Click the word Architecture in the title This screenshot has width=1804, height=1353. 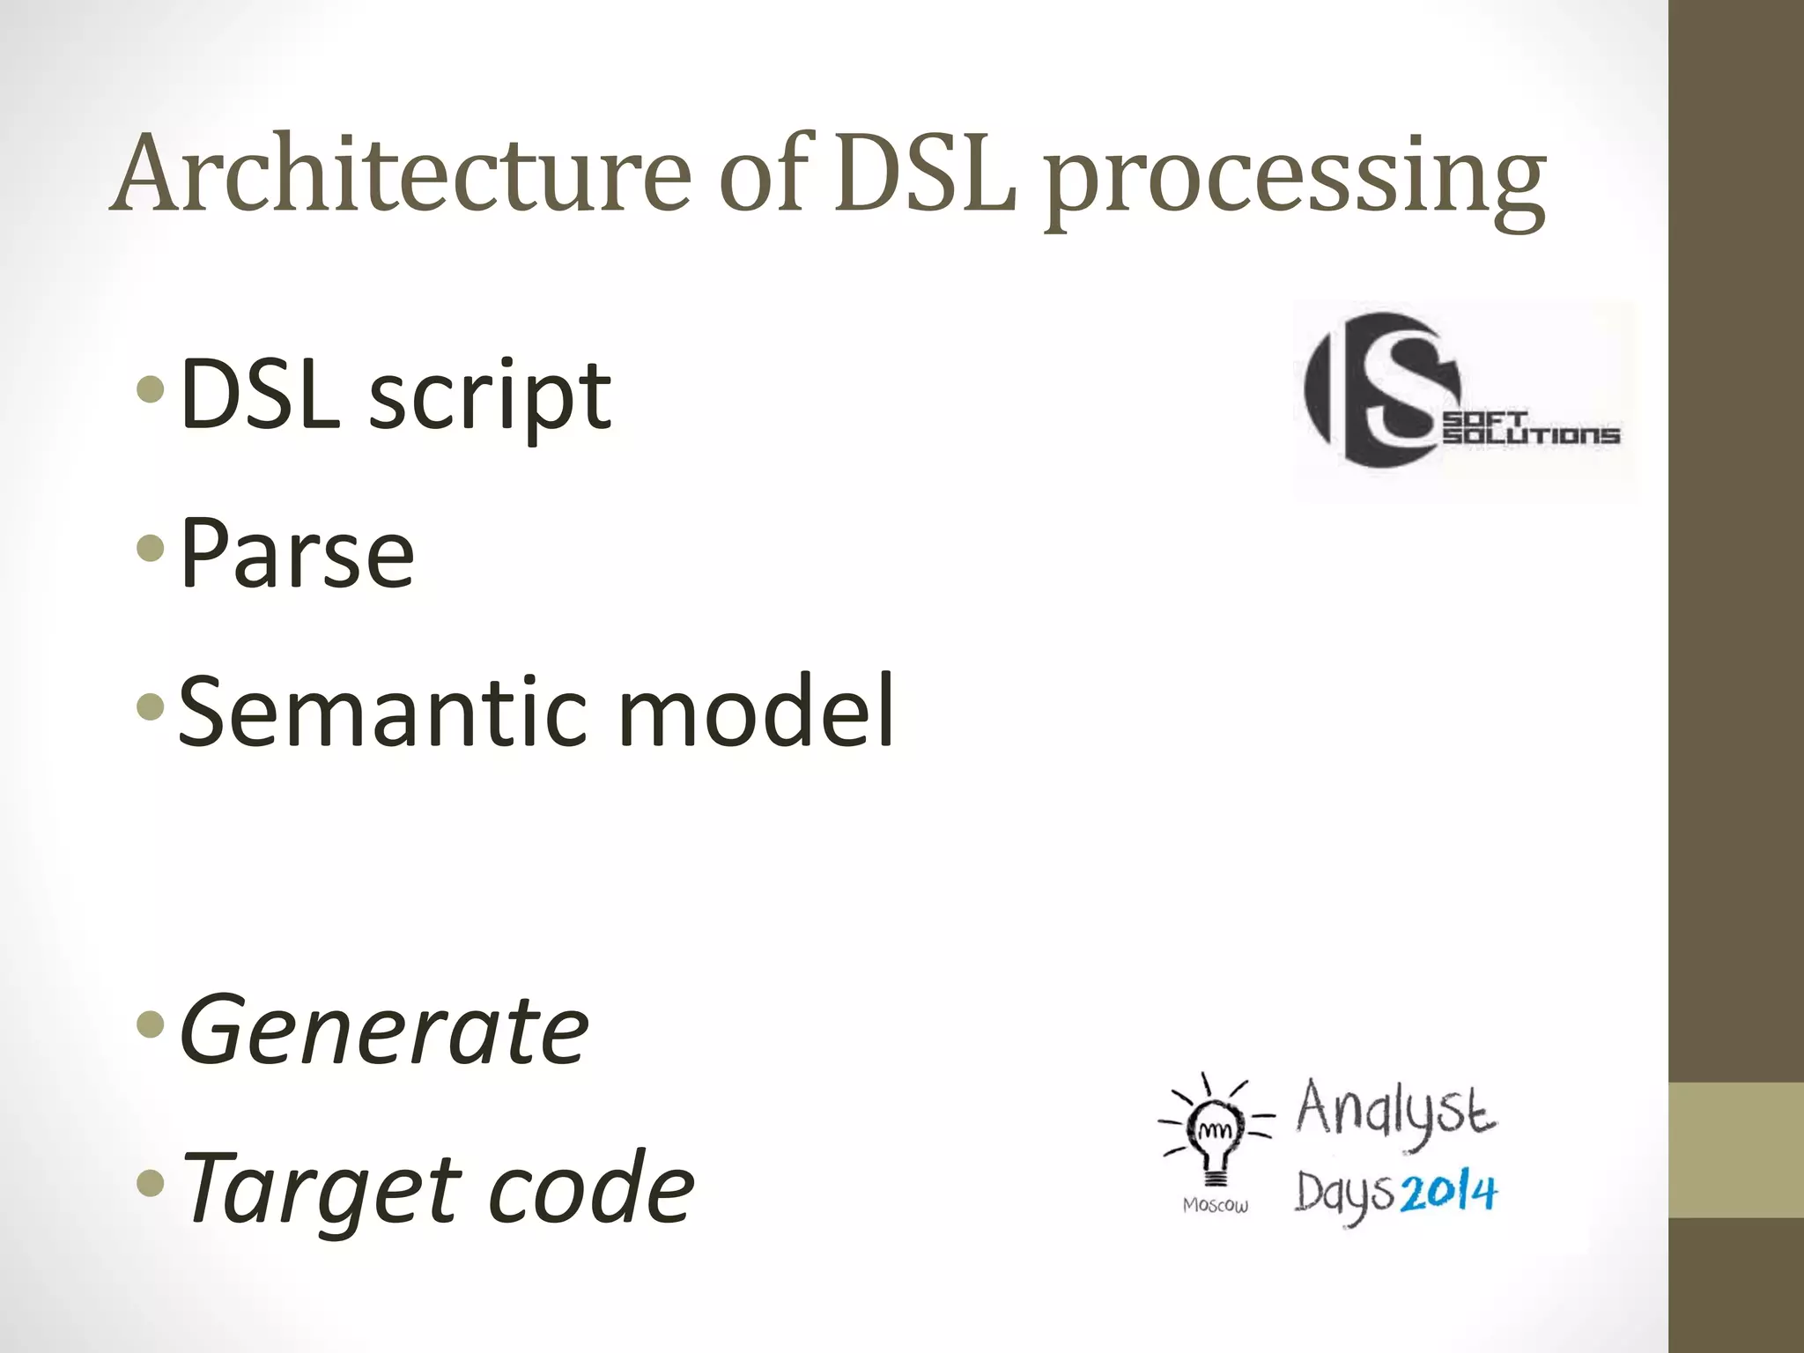coord(402,173)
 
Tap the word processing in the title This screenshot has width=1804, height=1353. coord(1295,180)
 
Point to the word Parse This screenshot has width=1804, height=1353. coord(297,553)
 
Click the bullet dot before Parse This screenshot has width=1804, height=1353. coord(152,549)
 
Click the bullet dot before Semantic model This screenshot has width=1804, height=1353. coord(152,706)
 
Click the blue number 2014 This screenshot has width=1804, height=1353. coord(1448,1193)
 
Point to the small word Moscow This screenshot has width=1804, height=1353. coord(1216,1205)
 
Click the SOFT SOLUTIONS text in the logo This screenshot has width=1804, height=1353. coord(1531,429)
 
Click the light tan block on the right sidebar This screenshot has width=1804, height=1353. coord(1736,1150)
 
